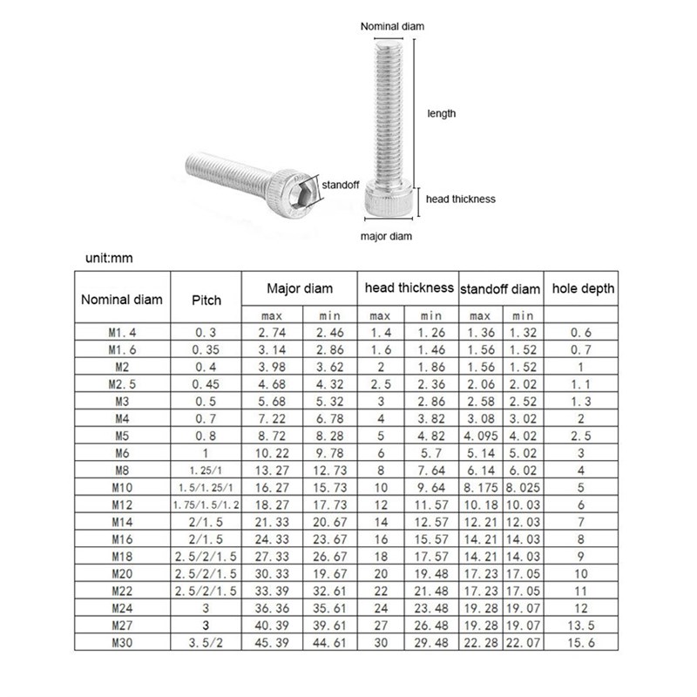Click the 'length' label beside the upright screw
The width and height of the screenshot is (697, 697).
coord(441,113)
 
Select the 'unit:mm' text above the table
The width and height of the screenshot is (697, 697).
coord(111,258)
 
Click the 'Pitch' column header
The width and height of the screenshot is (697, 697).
coord(206,300)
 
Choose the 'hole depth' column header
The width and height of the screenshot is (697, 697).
coord(583,288)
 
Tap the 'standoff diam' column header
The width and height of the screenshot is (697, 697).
coord(499,288)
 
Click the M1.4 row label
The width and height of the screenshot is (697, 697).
coord(121,333)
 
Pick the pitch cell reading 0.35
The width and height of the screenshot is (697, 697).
coord(206,350)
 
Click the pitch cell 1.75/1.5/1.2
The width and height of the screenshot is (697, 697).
coord(206,505)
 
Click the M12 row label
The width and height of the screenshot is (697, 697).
coord(121,505)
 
